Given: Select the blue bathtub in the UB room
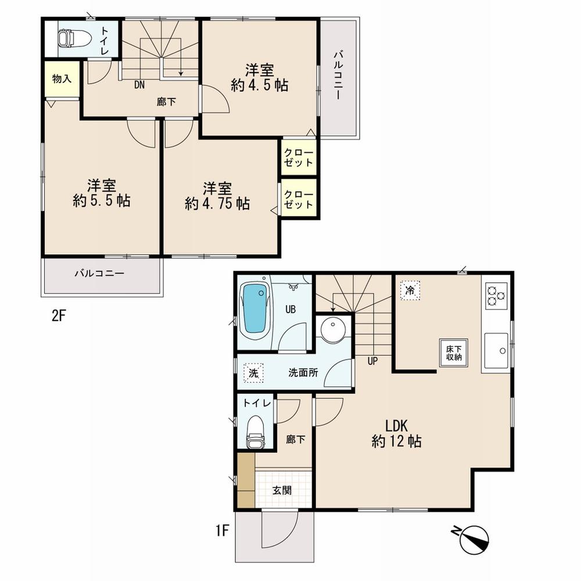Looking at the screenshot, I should tap(254, 308).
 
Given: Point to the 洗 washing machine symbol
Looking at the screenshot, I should tap(253, 373).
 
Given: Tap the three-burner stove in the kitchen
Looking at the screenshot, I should tap(496, 295).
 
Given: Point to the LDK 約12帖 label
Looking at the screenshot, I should tap(396, 433).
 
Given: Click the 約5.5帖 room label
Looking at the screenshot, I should tap(101, 194).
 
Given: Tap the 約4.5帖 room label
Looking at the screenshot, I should tap(259, 78).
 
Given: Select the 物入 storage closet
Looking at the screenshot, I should tap(62, 79).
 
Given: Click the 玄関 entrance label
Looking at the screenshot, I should tap(282, 490).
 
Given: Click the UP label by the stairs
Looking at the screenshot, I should tap(372, 361).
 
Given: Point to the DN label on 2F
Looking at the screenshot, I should tap(139, 85).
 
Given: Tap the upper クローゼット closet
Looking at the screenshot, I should tap(299, 157).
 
